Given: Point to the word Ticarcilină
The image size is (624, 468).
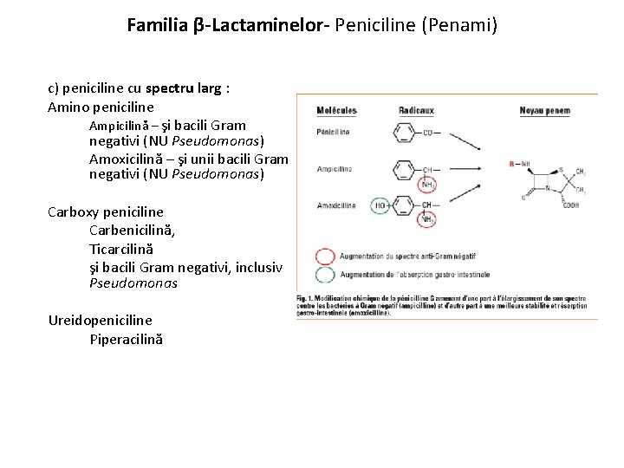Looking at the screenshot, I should (x=120, y=248).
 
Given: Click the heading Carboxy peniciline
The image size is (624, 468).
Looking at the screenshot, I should (x=106, y=211).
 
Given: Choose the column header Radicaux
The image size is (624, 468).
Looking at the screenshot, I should (x=416, y=111).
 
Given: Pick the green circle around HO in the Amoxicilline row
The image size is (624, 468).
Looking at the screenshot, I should (x=380, y=206).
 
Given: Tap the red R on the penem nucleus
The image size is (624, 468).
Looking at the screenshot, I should (x=512, y=163).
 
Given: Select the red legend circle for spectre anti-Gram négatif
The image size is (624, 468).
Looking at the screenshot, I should (x=324, y=257).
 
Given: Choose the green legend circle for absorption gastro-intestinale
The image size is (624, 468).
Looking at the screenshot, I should (x=324, y=275).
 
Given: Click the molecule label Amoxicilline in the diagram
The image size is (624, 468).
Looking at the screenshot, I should (x=336, y=206).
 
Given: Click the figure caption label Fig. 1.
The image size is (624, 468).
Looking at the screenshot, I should (x=307, y=298).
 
